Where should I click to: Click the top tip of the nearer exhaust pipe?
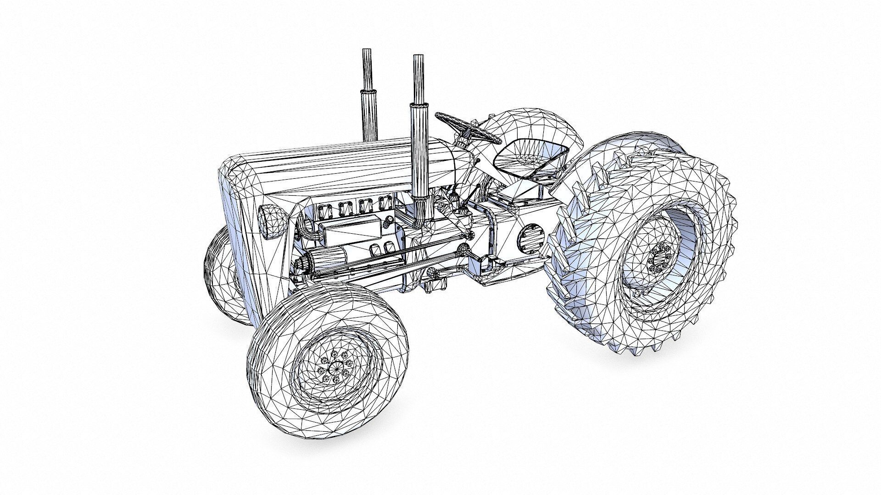(418, 57)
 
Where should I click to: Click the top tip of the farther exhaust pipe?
(367, 50)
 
